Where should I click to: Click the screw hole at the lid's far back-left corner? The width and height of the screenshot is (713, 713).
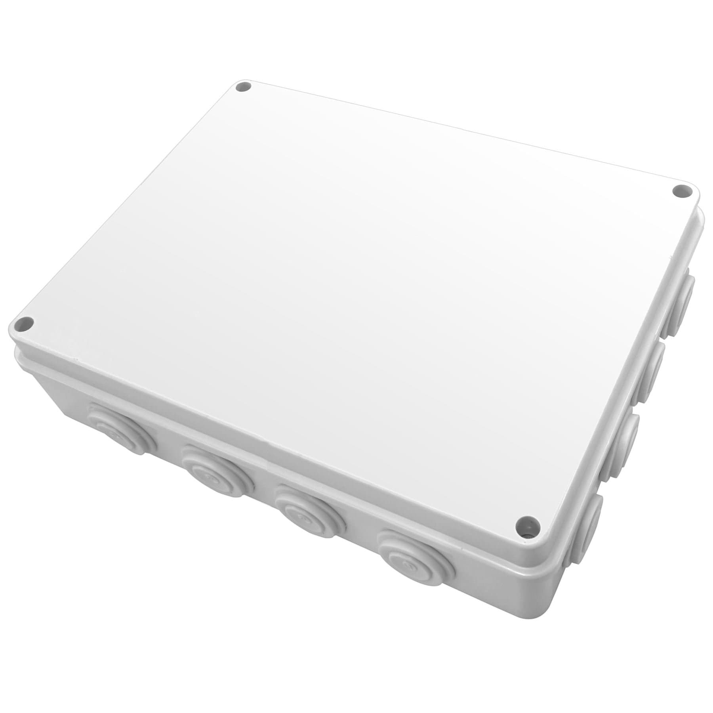(x=243, y=87)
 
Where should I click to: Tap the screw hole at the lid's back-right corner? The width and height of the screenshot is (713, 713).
(x=681, y=192)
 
